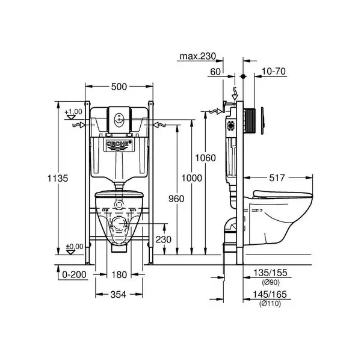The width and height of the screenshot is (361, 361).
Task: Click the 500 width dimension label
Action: tap(119, 87)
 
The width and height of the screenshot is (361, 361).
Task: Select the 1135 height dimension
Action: tap(58, 178)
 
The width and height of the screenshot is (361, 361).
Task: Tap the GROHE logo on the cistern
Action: tap(119, 144)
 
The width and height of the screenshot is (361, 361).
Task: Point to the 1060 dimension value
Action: tap(205, 158)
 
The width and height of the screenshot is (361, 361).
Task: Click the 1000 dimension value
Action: tap(191, 178)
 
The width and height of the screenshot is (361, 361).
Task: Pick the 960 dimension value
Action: tap(176, 199)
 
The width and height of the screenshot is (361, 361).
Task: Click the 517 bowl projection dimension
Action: tap(277, 177)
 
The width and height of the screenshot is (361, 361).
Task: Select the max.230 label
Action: tap(198, 56)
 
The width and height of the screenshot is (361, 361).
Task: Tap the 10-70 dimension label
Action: tap(274, 72)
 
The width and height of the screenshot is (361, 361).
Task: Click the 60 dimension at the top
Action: tap(215, 72)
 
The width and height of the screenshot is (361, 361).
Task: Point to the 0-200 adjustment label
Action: tap(74, 274)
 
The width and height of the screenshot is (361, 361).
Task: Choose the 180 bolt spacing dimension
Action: tap(119, 275)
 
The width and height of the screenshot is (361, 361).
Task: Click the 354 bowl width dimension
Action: tap(119, 294)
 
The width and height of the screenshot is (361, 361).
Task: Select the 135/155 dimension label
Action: tap(270, 273)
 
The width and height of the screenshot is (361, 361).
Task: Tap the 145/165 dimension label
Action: tap(270, 294)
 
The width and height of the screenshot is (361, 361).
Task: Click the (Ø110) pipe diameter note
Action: tap(270, 304)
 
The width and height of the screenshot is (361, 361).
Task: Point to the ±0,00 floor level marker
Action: tap(75, 247)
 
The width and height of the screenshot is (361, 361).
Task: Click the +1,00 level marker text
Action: tap(73, 112)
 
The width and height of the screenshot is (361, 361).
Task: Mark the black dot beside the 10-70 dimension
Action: tap(243, 76)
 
